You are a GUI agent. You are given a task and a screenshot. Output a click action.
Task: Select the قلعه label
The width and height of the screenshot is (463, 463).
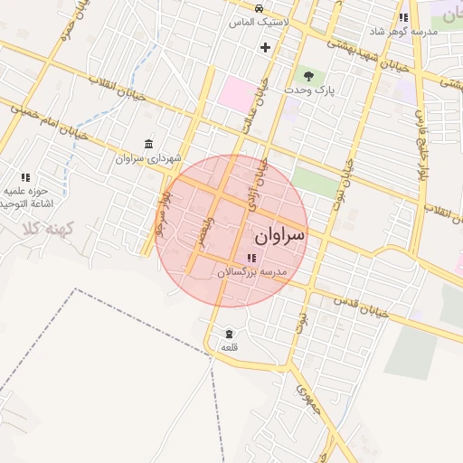(x=229, y=346)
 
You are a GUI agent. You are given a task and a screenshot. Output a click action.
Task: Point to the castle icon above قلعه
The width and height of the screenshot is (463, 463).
(x=228, y=333)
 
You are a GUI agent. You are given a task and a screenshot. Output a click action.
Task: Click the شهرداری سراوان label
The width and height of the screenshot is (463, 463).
(x=137, y=158)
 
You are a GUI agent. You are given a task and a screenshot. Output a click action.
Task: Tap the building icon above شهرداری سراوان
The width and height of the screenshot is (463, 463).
(x=148, y=145)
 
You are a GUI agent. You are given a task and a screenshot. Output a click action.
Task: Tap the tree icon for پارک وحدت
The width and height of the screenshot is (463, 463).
(x=310, y=76)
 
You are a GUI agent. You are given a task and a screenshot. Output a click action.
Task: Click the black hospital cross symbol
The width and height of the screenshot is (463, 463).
(x=265, y=47)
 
